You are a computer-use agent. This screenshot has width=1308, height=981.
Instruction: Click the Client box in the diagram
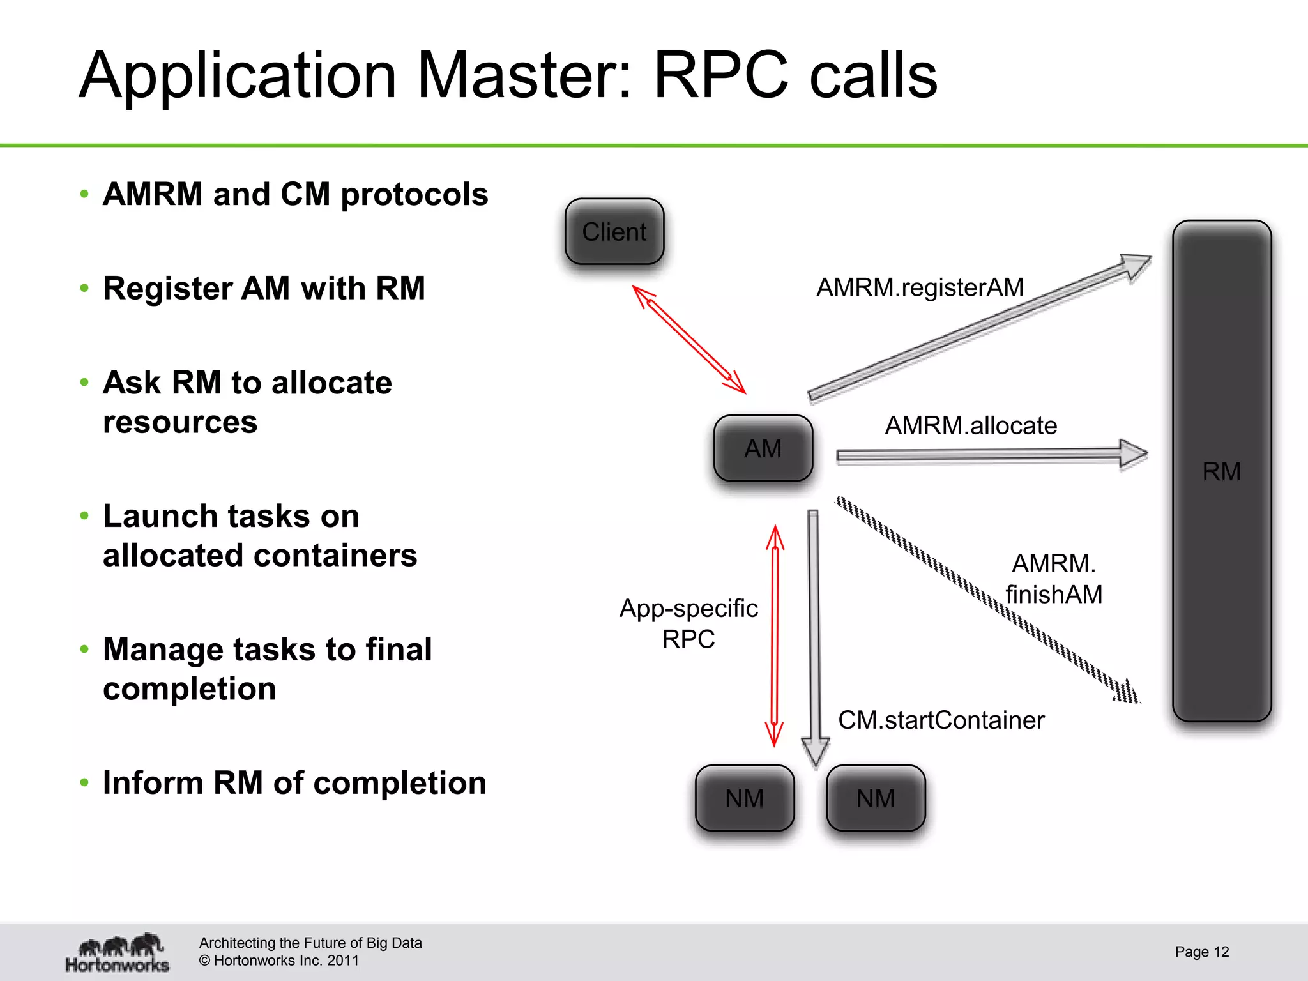tap(614, 232)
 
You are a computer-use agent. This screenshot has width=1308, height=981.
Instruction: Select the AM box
tap(763, 448)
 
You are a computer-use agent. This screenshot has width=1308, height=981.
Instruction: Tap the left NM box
tap(745, 798)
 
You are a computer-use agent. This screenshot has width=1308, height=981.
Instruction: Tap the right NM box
tap(876, 798)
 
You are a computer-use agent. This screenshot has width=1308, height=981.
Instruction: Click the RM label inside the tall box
tap(1221, 471)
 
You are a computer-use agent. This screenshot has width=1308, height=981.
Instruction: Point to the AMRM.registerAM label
tap(920, 287)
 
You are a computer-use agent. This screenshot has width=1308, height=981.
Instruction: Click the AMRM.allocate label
tap(971, 425)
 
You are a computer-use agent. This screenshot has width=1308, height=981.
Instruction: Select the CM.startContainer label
tap(941, 720)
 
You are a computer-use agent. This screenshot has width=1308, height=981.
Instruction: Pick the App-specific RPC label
tap(688, 623)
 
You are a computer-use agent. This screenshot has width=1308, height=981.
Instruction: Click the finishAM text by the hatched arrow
tap(1054, 595)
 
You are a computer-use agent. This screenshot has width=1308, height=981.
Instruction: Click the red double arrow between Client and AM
tap(689, 340)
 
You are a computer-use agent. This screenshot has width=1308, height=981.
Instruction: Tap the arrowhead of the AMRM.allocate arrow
tap(1133, 454)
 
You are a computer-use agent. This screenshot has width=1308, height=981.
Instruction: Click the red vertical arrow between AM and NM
tap(775, 635)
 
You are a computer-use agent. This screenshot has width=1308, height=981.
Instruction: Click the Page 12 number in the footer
tap(1201, 952)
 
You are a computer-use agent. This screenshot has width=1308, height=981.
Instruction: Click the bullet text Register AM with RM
tap(264, 288)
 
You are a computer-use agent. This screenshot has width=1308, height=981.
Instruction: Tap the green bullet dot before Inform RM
tap(84, 782)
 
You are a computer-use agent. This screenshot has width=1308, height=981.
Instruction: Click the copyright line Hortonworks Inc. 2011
tap(279, 961)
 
